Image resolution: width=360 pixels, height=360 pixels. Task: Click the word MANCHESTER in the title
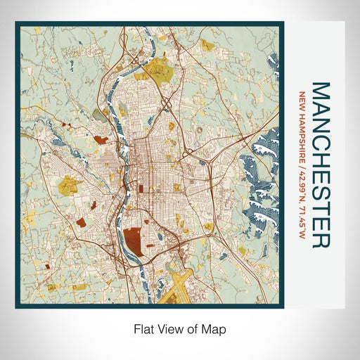pyautogui.click(x=320, y=165)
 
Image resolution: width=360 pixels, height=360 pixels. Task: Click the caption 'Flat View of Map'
pyautogui.click(x=180, y=328)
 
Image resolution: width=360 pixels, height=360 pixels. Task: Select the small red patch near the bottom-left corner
pyautogui.click(x=47, y=268)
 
